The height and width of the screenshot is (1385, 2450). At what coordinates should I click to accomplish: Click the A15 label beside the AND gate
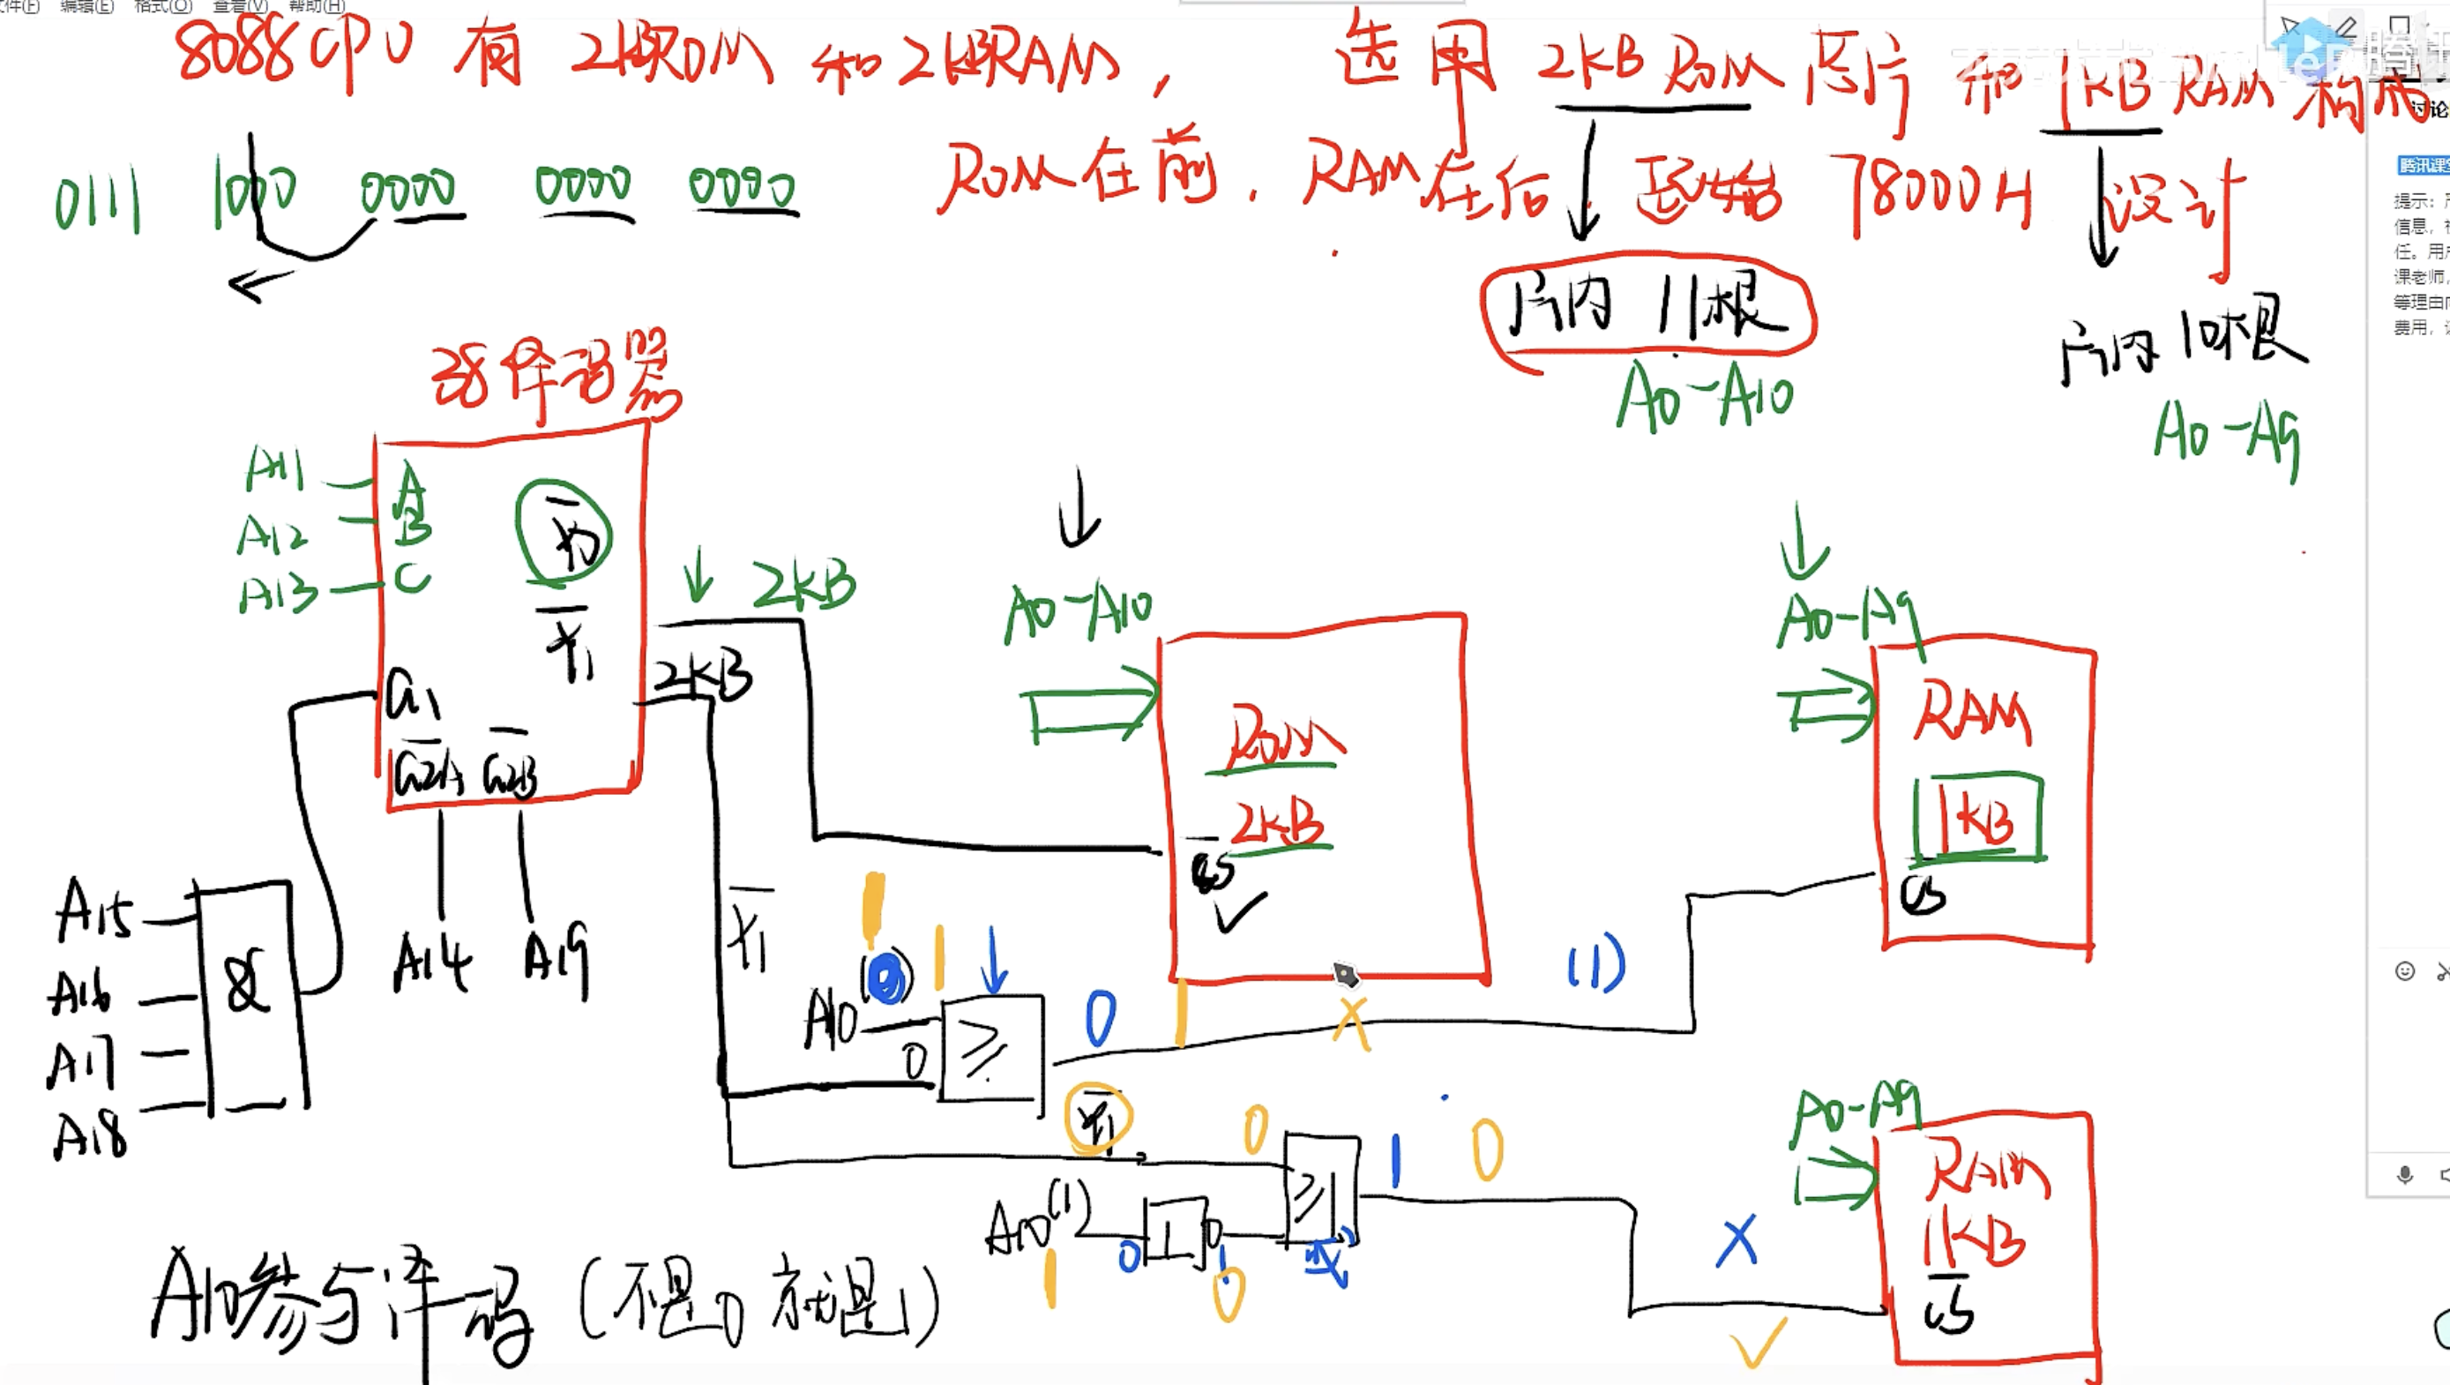coord(93,911)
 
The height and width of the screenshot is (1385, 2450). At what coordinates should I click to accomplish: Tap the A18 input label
coord(89,1134)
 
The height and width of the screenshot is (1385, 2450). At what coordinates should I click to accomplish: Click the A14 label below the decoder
coord(432,962)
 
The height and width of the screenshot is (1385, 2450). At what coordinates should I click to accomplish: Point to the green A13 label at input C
coord(278,595)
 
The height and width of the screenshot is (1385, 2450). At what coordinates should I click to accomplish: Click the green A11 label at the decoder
coord(275,469)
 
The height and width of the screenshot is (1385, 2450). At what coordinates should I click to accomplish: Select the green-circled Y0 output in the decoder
coord(564,534)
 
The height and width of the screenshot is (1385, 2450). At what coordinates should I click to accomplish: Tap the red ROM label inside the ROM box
coord(1281,738)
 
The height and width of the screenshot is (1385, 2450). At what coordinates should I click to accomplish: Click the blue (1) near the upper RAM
coord(1597,963)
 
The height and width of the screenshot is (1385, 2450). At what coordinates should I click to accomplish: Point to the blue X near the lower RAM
coord(1737,1240)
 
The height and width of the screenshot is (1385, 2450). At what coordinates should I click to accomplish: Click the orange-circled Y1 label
coord(1099,1118)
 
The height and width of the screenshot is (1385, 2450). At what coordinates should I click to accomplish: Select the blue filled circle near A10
coord(886,979)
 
